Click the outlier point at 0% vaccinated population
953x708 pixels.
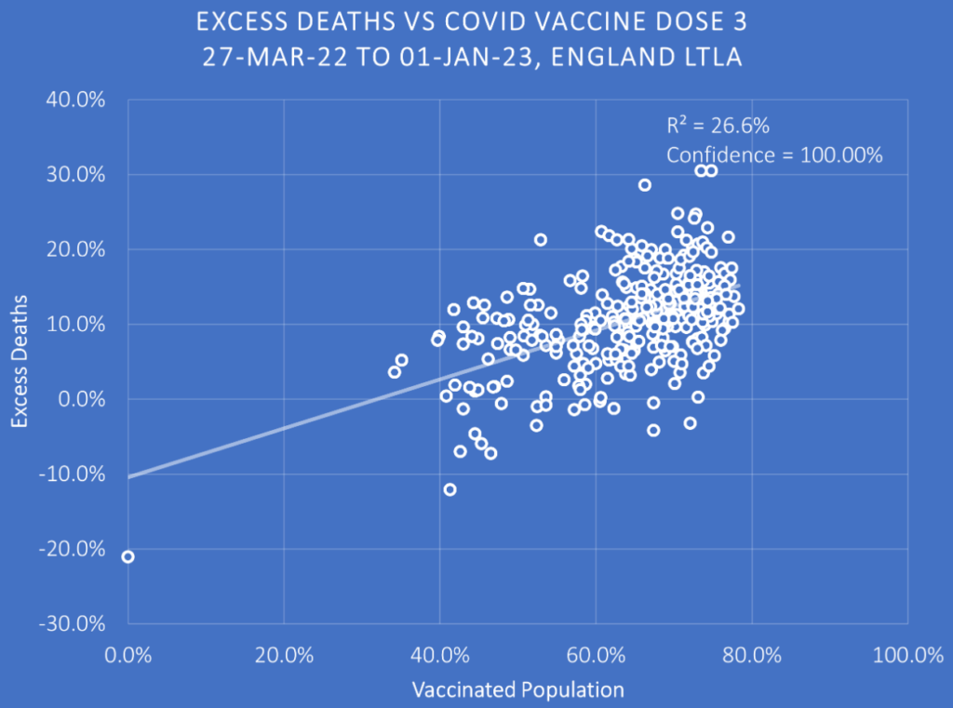128,556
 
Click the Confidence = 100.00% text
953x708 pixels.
773,155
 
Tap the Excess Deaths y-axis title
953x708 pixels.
21,362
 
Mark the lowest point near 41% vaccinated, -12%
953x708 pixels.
450,489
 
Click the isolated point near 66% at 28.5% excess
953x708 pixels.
644,185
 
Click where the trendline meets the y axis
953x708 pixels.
128,477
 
